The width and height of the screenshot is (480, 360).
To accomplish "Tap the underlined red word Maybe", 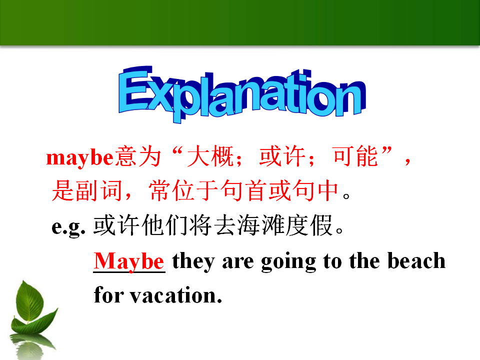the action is pos(129,261).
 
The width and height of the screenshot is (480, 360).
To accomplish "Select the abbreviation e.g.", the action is pos(68,227).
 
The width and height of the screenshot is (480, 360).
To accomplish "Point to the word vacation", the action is pos(176,295).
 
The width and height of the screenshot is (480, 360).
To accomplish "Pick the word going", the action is pos(288,262).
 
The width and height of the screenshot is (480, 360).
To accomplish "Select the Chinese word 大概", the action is pos(211,156).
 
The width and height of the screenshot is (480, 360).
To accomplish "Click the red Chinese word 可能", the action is pos(355,156).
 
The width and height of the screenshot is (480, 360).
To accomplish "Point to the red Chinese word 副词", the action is pos(99,190).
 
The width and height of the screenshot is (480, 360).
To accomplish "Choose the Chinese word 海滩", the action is pos(261,225).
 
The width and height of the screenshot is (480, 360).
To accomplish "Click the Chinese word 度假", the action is pos(309,225).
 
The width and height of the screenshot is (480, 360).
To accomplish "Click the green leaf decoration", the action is pos(33,308).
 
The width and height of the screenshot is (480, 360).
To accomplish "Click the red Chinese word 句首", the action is pos(244,190).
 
